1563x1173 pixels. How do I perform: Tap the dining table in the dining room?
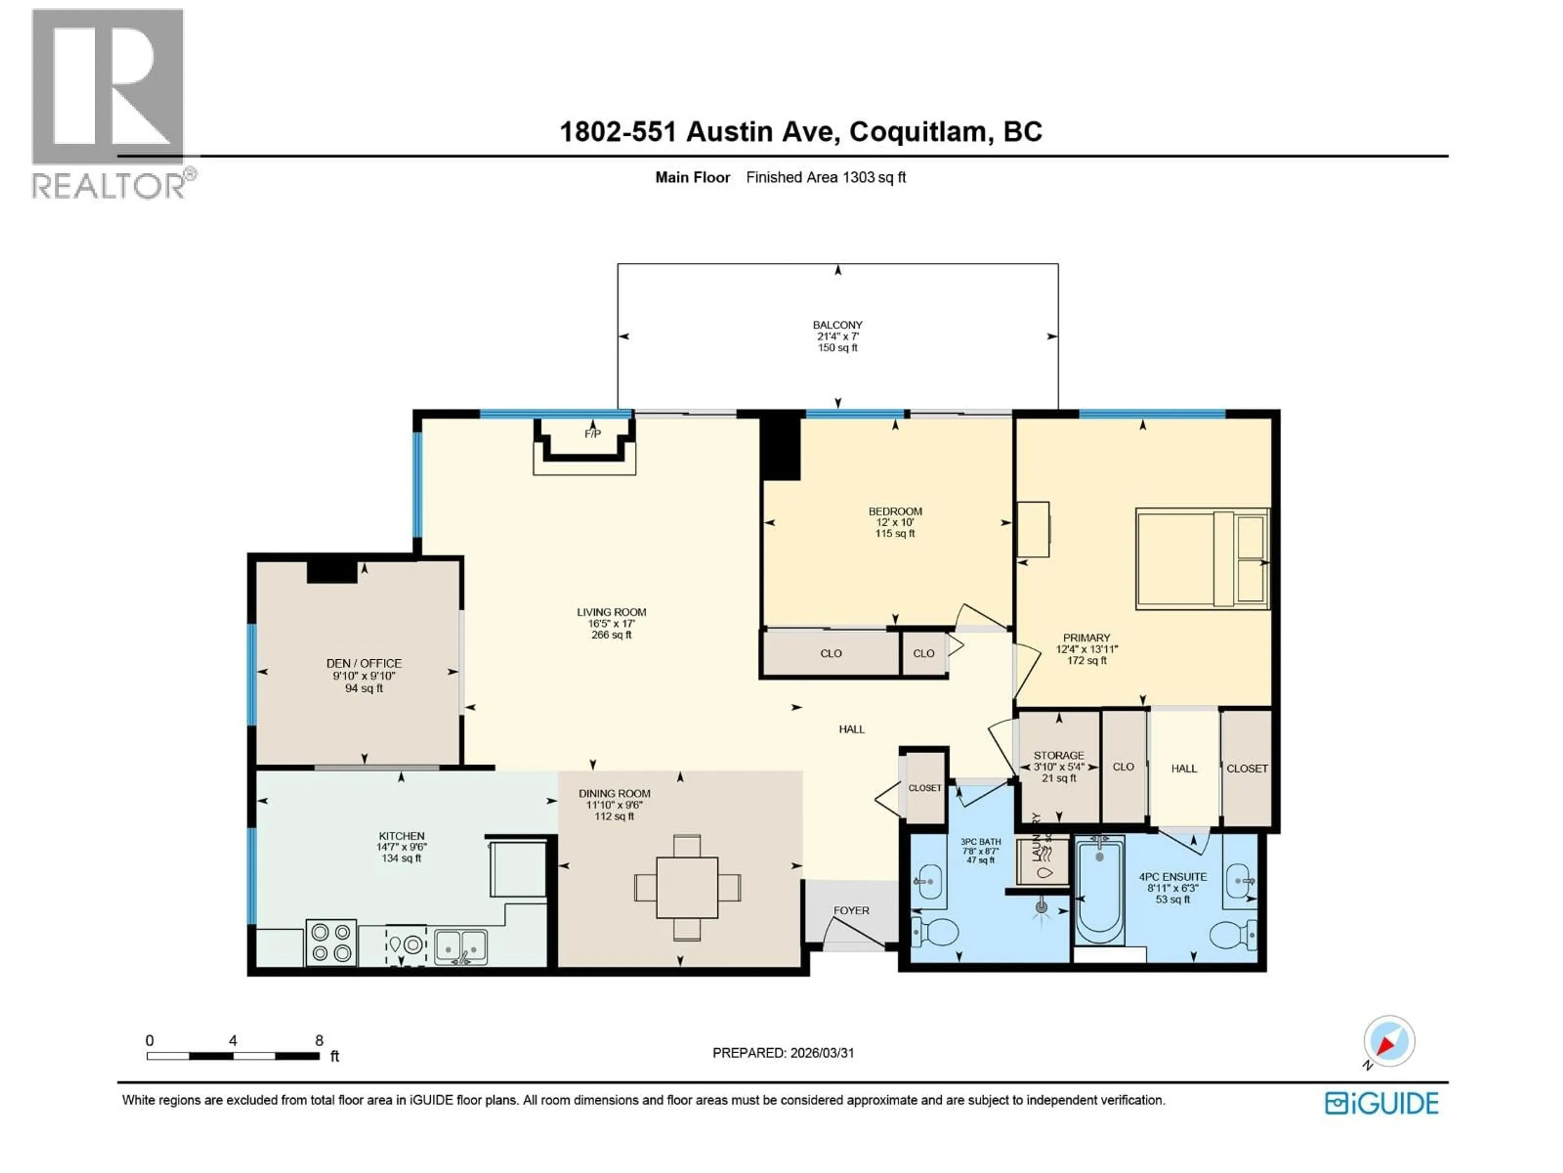687,887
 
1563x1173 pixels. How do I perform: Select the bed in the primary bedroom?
1201,558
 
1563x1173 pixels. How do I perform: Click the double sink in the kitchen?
461,945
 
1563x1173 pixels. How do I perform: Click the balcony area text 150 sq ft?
837,348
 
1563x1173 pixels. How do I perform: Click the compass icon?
1388,1041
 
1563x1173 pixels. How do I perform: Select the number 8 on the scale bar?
320,1041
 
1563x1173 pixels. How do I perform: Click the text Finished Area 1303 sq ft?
825,178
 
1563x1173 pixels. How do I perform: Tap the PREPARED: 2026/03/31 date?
783,1053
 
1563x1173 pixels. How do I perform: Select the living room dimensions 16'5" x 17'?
611,624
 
